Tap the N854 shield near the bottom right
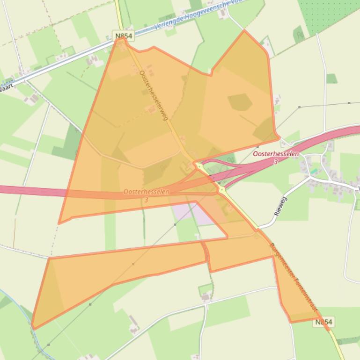coord(324,322)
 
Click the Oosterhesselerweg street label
coord(154,95)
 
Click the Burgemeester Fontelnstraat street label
coord(293,278)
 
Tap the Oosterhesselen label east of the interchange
coord(275,154)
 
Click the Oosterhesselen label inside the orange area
coord(146,192)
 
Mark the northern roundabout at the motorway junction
coord(199,166)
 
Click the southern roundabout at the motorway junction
coord(221,189)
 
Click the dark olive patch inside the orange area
coord(240,102)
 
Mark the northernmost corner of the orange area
coord(244,31)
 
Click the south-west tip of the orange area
coord(33,328)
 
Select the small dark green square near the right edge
coord(331,79)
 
